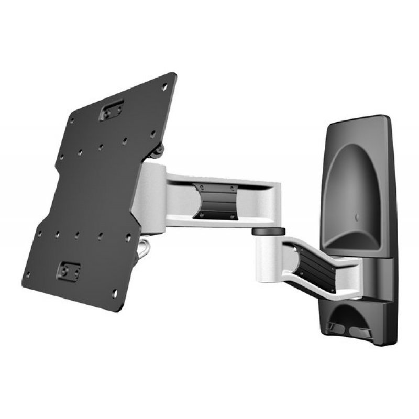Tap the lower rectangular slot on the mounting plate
tap(70, 270)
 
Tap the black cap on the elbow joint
tap(268, 230)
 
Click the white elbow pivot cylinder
tap(268, 250)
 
